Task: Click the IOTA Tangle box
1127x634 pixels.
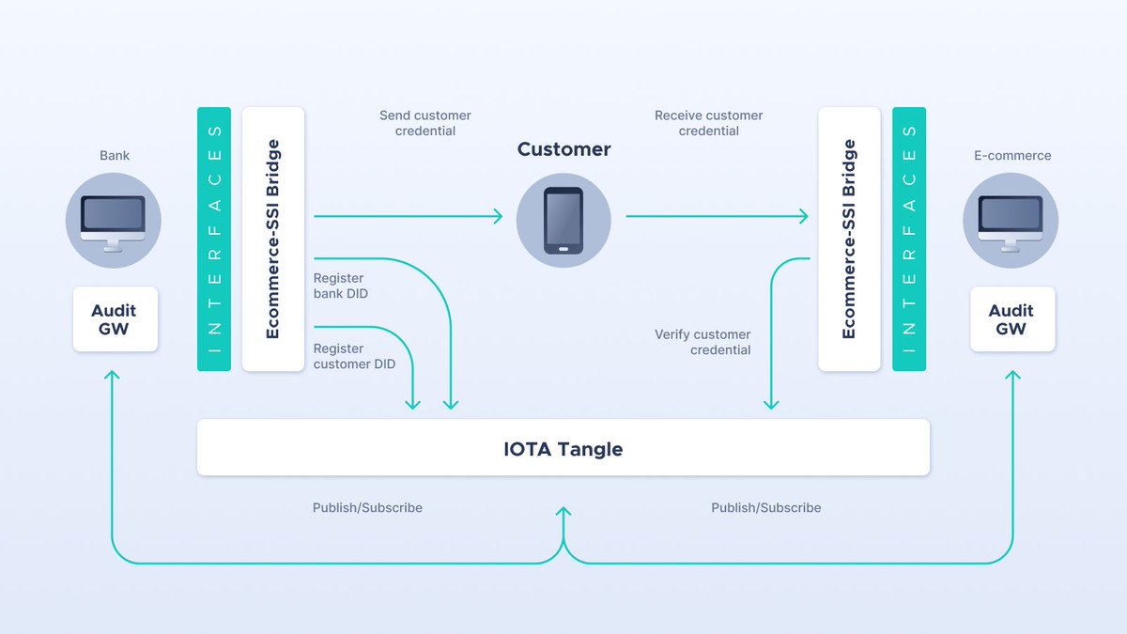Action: pos(563,448)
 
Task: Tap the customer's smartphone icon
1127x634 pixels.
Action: pos(563,221)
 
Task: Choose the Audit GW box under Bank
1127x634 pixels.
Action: pos(115,319)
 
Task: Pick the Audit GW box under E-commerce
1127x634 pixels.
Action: pos(1011,319)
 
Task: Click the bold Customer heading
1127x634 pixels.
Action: pos(563,149)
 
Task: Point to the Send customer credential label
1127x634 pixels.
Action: pos(425,123)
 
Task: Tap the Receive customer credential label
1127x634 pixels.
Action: pos(708,123)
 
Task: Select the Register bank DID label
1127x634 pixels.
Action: pos(340,286)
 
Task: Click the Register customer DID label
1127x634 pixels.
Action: pos(354,356)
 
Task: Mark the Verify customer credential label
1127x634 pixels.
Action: pos(703,342)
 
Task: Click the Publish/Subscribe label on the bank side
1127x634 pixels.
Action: pos(367,507)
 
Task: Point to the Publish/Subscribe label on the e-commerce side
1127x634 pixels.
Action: pos(765,507)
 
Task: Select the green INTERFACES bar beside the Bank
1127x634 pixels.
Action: pos(214,239)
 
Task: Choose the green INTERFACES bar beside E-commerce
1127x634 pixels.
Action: pos(909,239)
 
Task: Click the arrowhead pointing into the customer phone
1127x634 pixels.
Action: pos(498,217)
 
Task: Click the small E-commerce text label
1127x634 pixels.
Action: pos(1012,156)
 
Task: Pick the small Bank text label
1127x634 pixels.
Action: pos(115,156)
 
